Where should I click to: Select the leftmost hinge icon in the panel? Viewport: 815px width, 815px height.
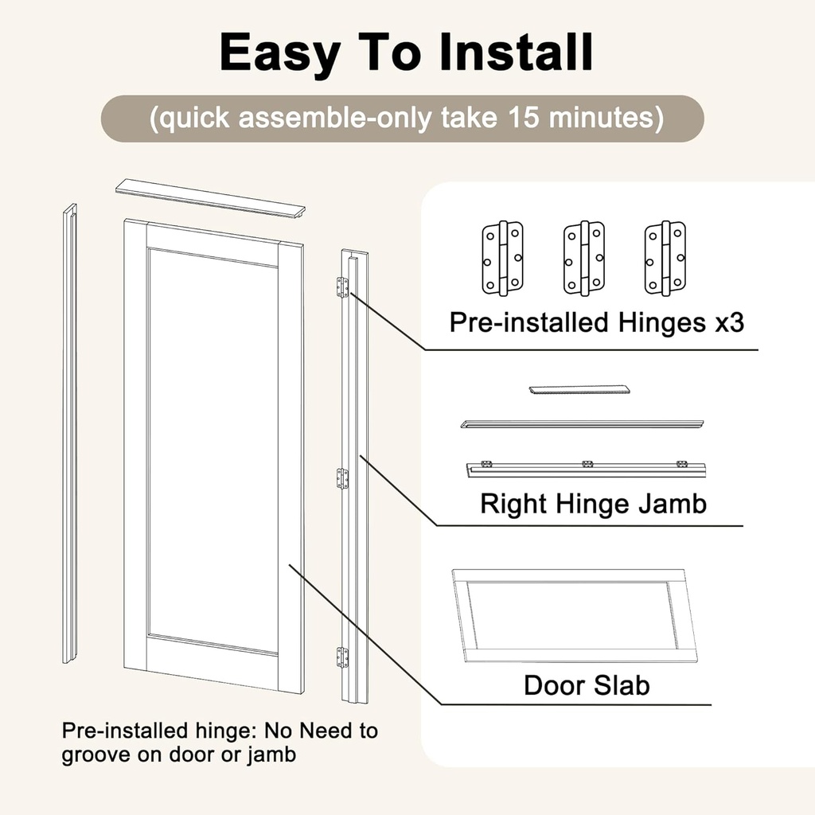[502, 259]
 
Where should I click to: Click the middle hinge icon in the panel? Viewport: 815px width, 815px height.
[583, 259]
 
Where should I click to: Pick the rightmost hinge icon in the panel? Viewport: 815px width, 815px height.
[665, 259]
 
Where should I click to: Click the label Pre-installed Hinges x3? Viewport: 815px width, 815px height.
[596, 322]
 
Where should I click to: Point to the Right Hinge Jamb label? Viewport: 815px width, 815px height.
[593, 504]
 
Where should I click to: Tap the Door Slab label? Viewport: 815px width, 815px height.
[587, 685]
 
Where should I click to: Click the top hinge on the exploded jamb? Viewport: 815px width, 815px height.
[342, 287]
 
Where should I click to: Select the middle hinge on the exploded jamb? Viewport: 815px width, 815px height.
[342, 478]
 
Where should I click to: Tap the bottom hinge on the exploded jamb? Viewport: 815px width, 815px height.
[342, 657]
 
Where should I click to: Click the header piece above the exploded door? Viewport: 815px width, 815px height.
[210, 198]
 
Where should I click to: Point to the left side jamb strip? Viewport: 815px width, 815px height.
[70, 434]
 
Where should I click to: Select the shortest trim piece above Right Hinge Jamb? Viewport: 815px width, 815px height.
[579, 390]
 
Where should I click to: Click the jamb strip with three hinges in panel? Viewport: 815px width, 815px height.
[586, 469]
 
